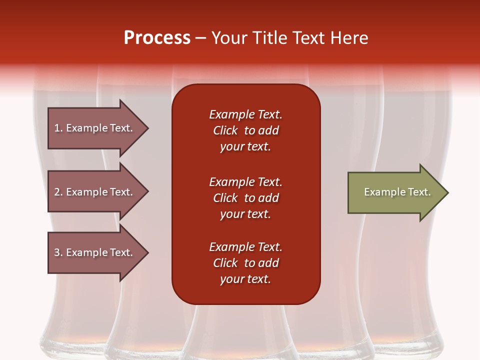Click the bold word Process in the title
157,38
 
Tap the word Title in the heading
271,37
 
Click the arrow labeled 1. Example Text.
98,128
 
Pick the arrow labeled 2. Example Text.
98,191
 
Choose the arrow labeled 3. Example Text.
98,252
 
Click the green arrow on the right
398,192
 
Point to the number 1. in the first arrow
58,128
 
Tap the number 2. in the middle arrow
58,192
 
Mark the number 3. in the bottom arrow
58,252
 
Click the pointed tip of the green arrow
448,192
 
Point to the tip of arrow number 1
149,128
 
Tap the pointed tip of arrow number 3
149,252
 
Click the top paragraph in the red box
246,130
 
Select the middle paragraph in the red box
246,198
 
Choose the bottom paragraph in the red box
246,263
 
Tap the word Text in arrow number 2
121,192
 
